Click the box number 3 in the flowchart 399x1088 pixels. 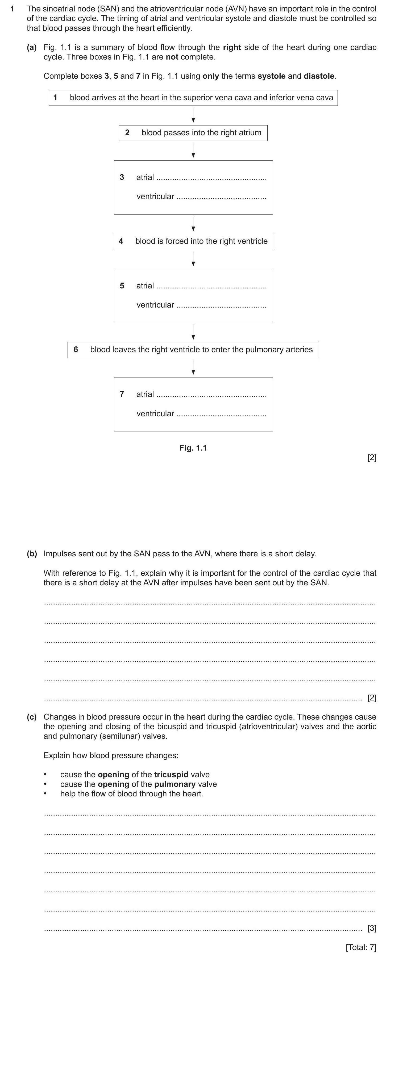[122, 177]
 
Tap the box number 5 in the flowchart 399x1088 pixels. [122, 286]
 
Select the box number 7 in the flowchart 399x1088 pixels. [122, 394]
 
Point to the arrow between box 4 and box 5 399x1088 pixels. [193, 259]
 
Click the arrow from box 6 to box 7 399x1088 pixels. [193, 367]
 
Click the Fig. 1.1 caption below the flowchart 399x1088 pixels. [193, 448]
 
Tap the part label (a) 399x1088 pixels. [32, 47]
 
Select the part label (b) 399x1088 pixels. [32, 554]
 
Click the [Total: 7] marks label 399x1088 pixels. [360, 947]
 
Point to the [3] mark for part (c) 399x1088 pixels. [372, 928]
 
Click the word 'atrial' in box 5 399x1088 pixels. [145, 286]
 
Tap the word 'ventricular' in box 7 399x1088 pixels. [155, 414]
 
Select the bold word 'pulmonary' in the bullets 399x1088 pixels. [174, 784]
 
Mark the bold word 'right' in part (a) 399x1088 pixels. [232, 47]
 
